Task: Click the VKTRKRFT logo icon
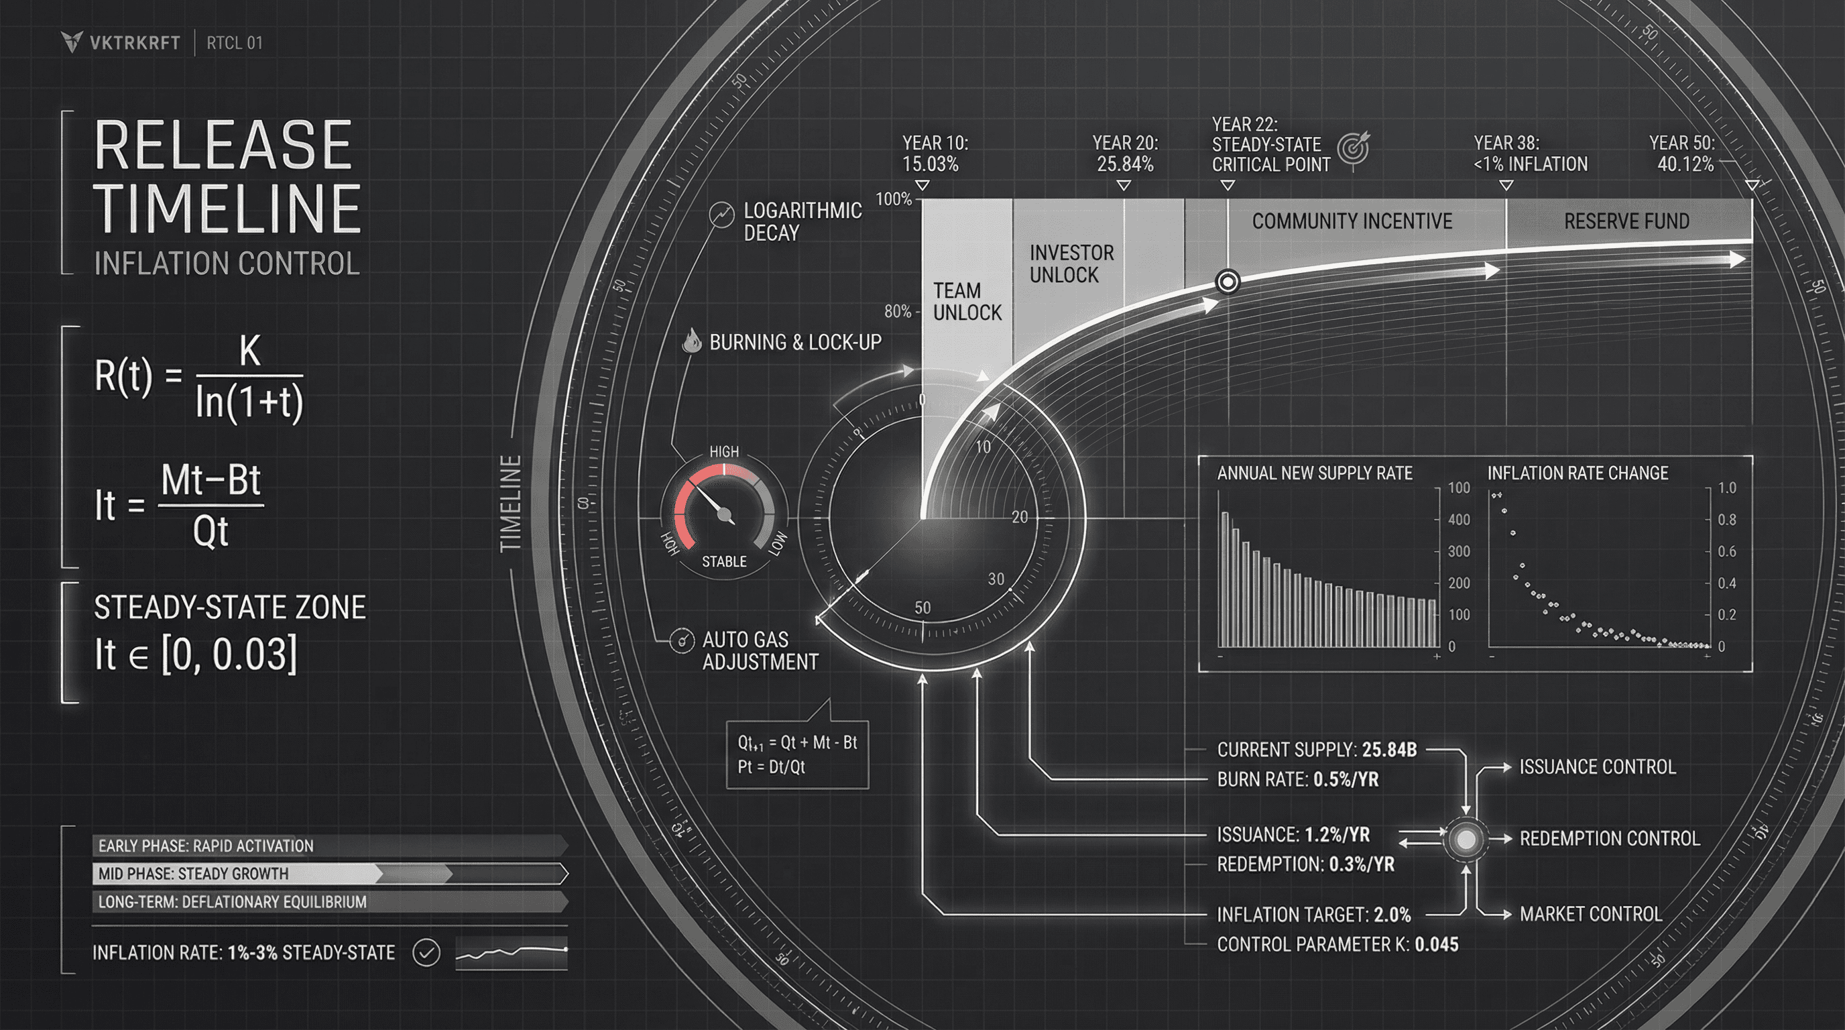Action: point(72,42)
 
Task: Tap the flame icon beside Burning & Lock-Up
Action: point(691,341)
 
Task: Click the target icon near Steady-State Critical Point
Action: point(1353,148)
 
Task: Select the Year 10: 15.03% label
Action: point(934,154)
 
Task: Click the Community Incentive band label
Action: point(1352,221)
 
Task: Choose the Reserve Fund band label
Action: point(1626,221)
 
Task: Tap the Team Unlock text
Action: point(966,302)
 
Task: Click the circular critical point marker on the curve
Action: point(1228,282)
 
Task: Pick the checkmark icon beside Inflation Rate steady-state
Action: point(426,953)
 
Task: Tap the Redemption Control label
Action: point(1608,839)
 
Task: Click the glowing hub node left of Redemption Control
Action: point(1466,839)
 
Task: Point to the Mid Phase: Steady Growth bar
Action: point(329,874)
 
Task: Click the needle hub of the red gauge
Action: point(724,514)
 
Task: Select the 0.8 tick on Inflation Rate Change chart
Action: point(1727,520)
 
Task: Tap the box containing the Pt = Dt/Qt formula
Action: point(797,754)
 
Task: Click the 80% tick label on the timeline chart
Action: point(898,312)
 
